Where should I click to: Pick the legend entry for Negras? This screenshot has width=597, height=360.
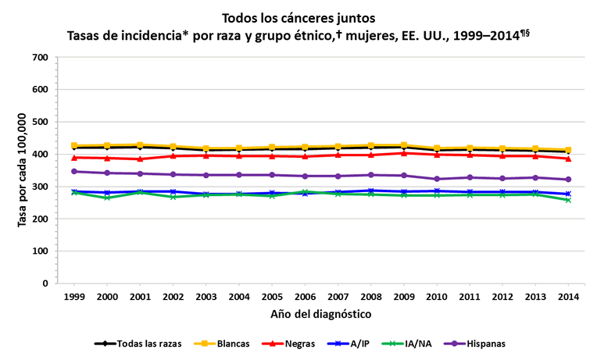click(x=287, y=343)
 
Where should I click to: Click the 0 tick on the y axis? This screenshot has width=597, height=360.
click(x=46, y=283)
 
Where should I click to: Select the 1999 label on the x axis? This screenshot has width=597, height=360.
click(x=74, y=298)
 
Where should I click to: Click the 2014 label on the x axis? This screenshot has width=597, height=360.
click(x=568, y=298)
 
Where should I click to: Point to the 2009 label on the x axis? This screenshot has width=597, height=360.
click(x=403, y=298)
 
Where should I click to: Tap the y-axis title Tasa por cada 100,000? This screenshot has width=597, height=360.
click(x=23, y=169)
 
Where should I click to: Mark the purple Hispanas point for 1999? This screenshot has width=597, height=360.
click(x=74, y=171)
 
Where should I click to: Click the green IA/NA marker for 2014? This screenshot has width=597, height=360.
click(x=568, y=200)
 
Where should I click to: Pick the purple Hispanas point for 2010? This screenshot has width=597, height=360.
click(x=436, y=179)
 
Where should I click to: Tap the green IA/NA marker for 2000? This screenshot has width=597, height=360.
click(x=107, y=198)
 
